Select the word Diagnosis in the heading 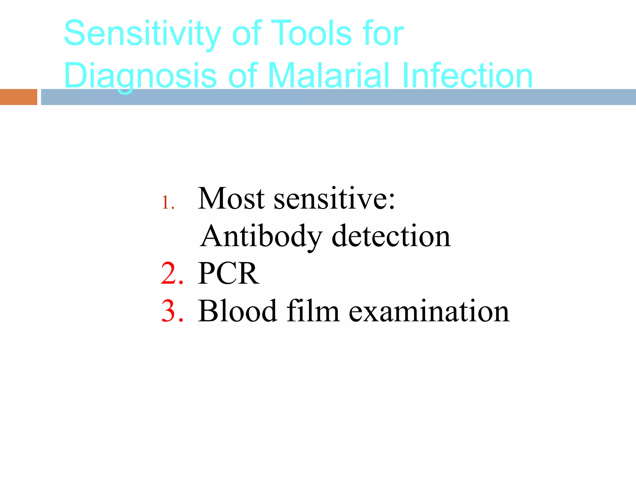pyautogui.click(x=140, y=75)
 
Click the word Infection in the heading pyautogui.click(x=467, y=75)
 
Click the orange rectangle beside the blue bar pyautogui.click(x=18, y=97)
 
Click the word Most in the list pyautogui.click(x=231, y=199)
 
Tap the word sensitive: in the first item pyautogui.click(x=334, y=199)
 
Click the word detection pyautogui.click(x=391, y=237)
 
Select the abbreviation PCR pyautogui.click(x=229, y=274)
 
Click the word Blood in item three pyautogui.click(x=237, y=311)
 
